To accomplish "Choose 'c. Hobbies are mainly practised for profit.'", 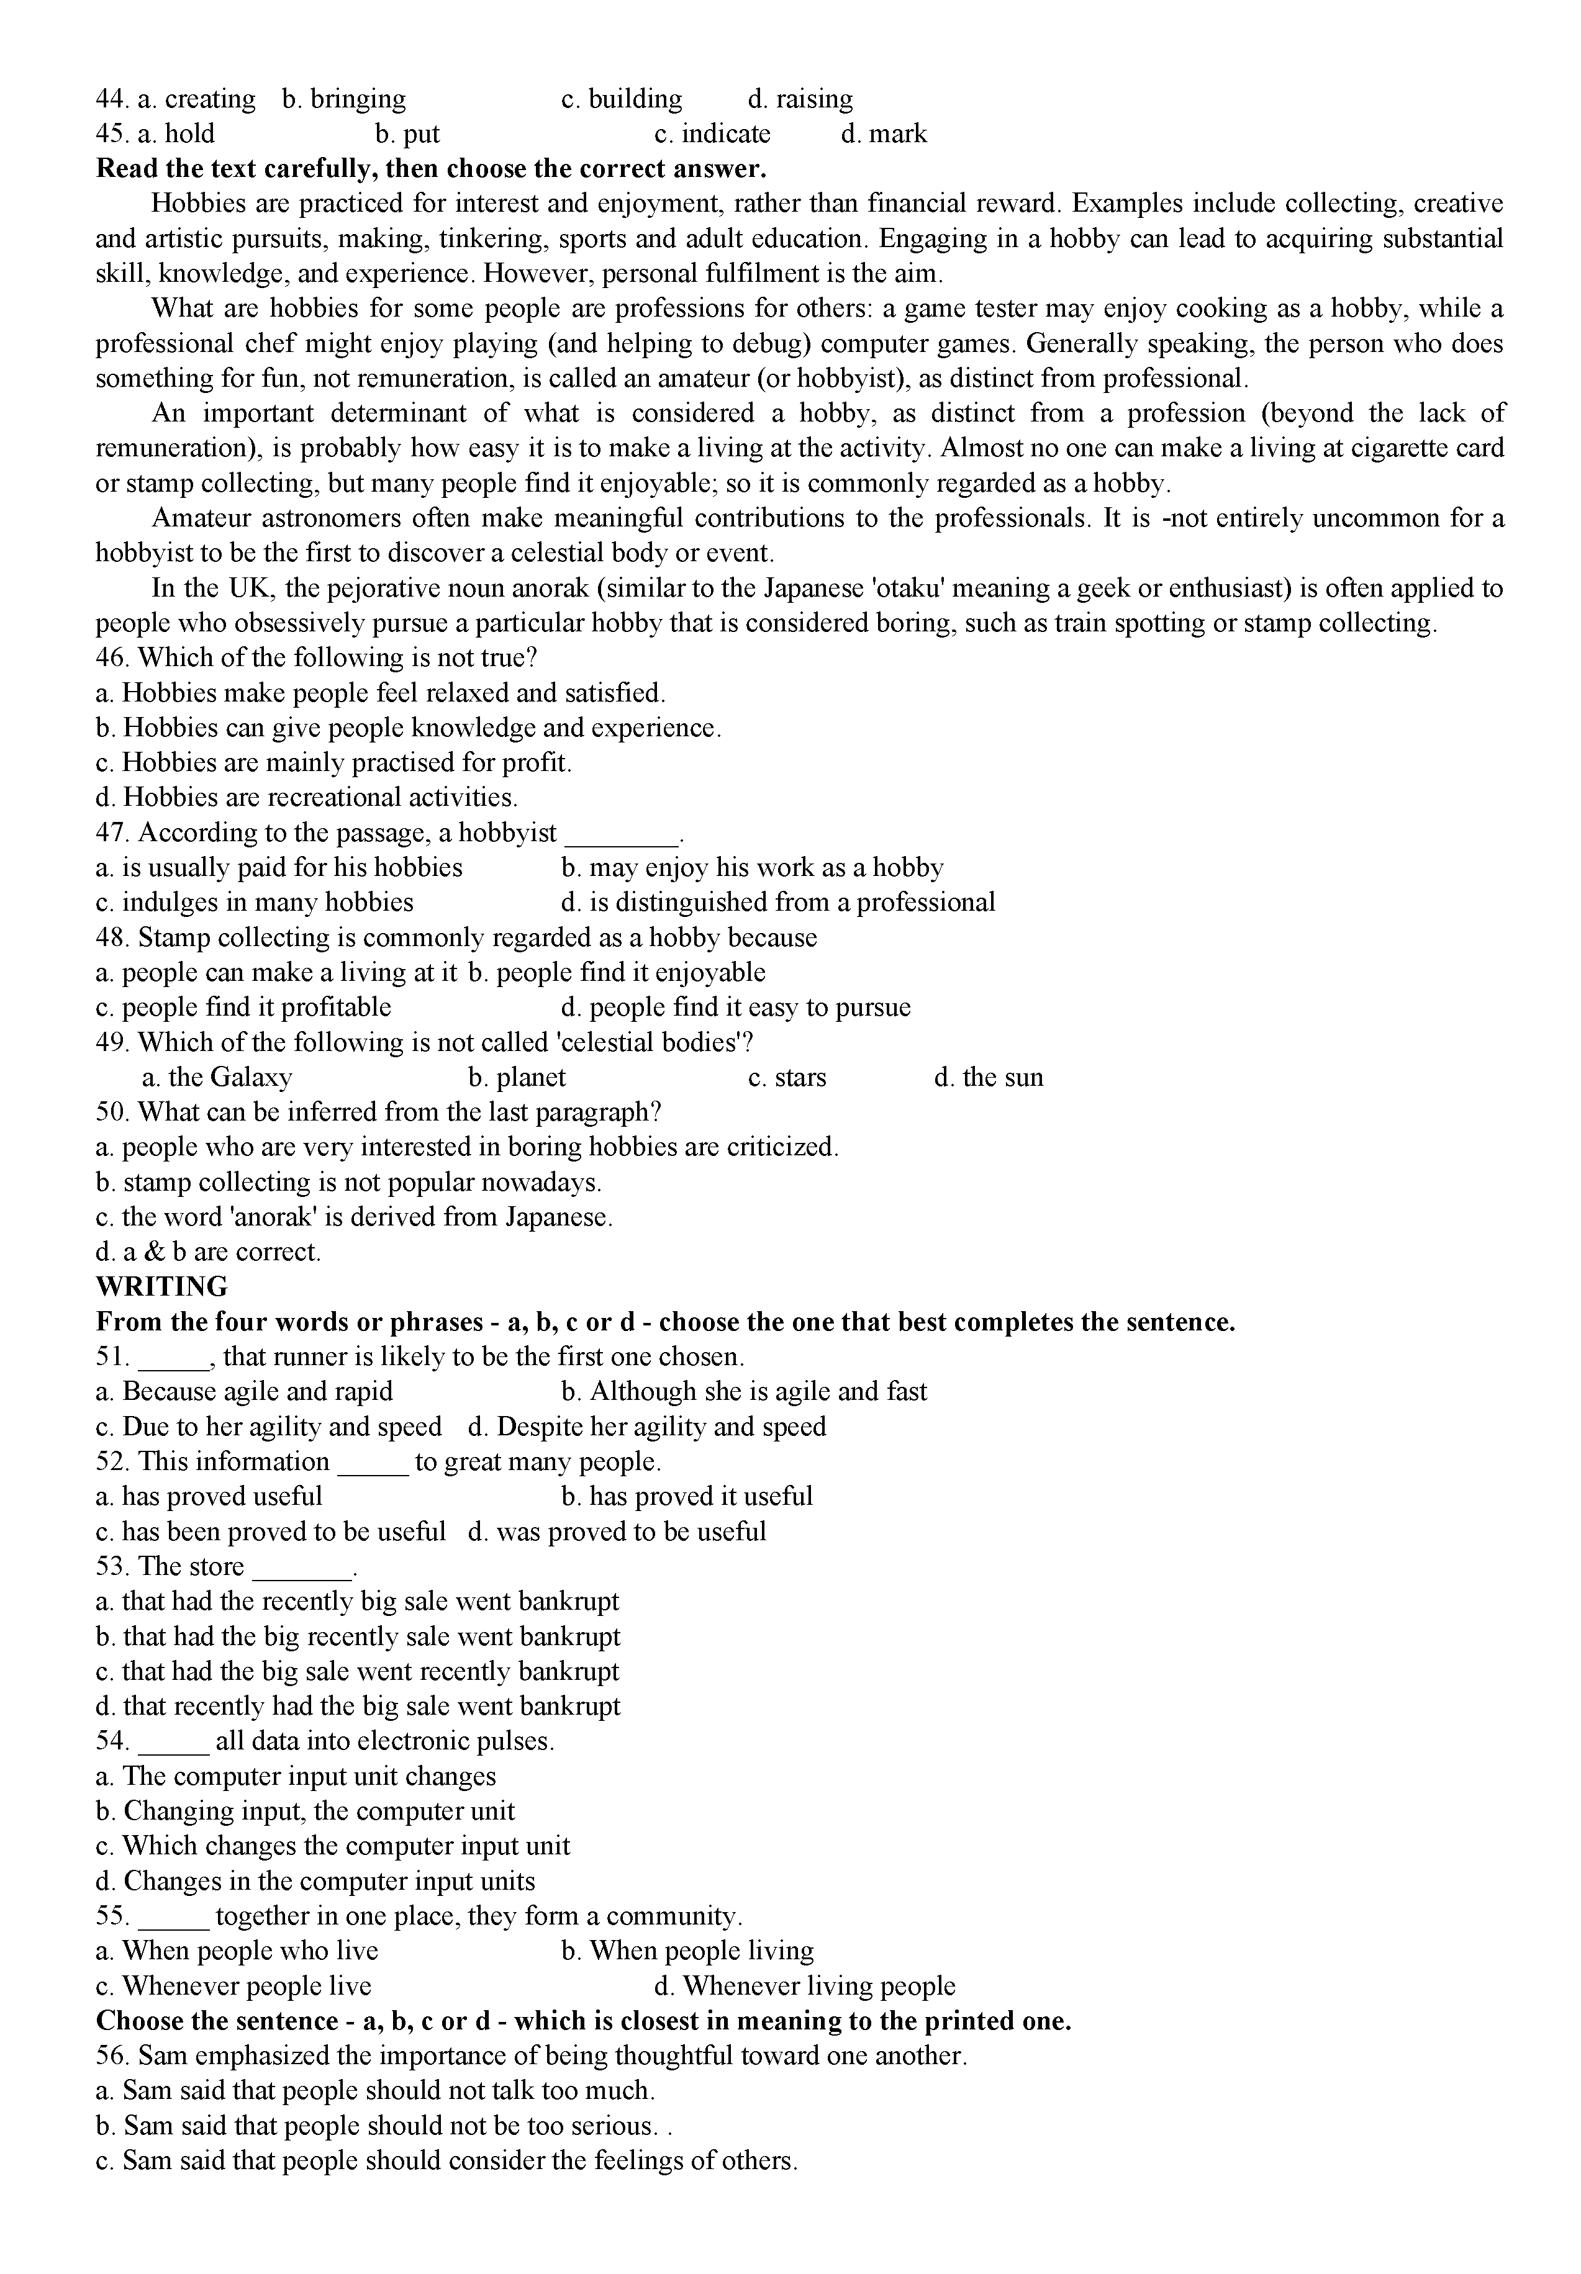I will (x=334, y=762).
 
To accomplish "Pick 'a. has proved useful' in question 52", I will (x=209, y=1497).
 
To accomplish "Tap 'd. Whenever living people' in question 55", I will (x=804, y=1986).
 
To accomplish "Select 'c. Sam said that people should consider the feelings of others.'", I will (x=446, y=2160).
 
